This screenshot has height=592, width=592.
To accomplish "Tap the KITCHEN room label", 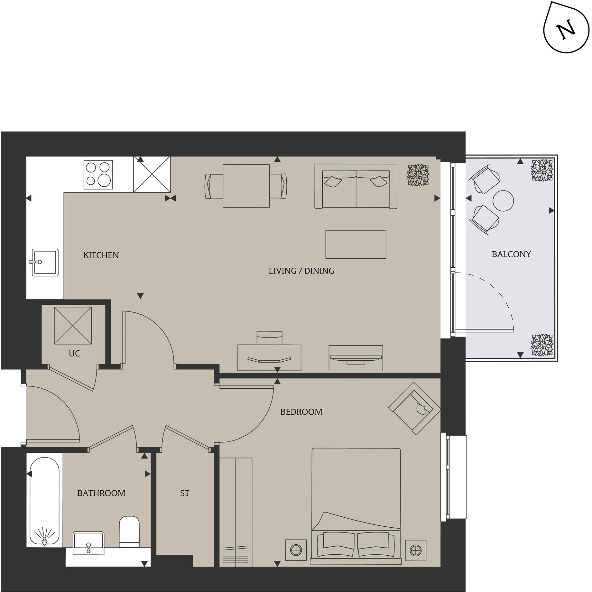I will (x=101, y=255).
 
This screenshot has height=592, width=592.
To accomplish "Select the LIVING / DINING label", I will (x=301, y=271).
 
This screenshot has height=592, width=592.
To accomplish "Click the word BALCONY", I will (x=511, y=254).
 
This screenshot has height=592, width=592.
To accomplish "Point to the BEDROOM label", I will (x=301, y=412).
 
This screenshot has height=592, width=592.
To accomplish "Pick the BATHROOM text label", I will (x=101, y=493).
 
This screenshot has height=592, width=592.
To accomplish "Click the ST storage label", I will (x=184, y=493).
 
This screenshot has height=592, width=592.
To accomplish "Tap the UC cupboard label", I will (x=74, y=354).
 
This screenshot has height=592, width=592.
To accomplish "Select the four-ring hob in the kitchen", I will (x=98, y=175).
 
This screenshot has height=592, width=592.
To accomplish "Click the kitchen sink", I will (x=45, y=262).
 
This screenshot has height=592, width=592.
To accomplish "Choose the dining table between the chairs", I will (x=246, y=186).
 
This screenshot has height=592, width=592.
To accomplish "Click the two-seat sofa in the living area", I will (x=356, y=187).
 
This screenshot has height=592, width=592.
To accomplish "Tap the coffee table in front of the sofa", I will (x=356, y=244).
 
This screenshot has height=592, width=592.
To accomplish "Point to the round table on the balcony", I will (x=503, y=201).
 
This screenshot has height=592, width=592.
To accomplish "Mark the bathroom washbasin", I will (x=88, y=543).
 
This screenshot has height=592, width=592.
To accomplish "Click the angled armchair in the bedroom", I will (x=414, y=409).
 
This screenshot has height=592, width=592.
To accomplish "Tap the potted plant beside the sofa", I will (x=418, y=175).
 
